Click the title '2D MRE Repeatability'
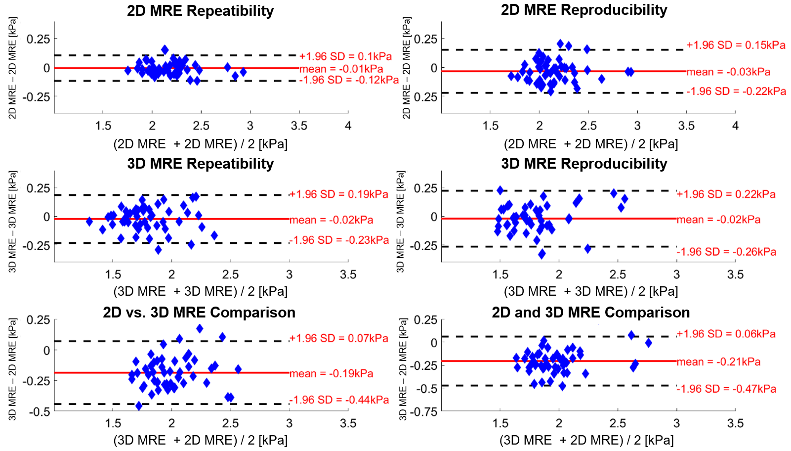(x=200, y=10)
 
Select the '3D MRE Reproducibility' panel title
(x=584, y=164)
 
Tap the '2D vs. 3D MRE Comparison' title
(x=199, y=313)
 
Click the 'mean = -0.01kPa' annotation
(x=341, y=69)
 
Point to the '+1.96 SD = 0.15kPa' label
(x=736, y=45)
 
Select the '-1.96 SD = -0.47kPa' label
(x=726, y=389)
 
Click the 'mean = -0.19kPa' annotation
(x=331, y=373)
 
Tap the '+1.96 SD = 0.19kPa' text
(x=338, y=194)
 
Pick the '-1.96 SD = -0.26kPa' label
(x=726, y=252)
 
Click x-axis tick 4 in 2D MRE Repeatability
(x=348, y=126)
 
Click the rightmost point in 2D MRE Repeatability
(x=243, y=72)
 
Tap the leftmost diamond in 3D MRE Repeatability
(x=89, y=222)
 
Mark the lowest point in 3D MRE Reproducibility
(x=541, y=253)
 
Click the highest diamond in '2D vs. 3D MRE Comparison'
(x=200, y=329)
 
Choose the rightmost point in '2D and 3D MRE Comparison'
(x=648, y=343)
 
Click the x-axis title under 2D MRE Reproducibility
(x=591, y=144)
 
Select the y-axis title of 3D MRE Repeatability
(x=13, y=222)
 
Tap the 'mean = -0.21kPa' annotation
(x=718, y=362)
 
